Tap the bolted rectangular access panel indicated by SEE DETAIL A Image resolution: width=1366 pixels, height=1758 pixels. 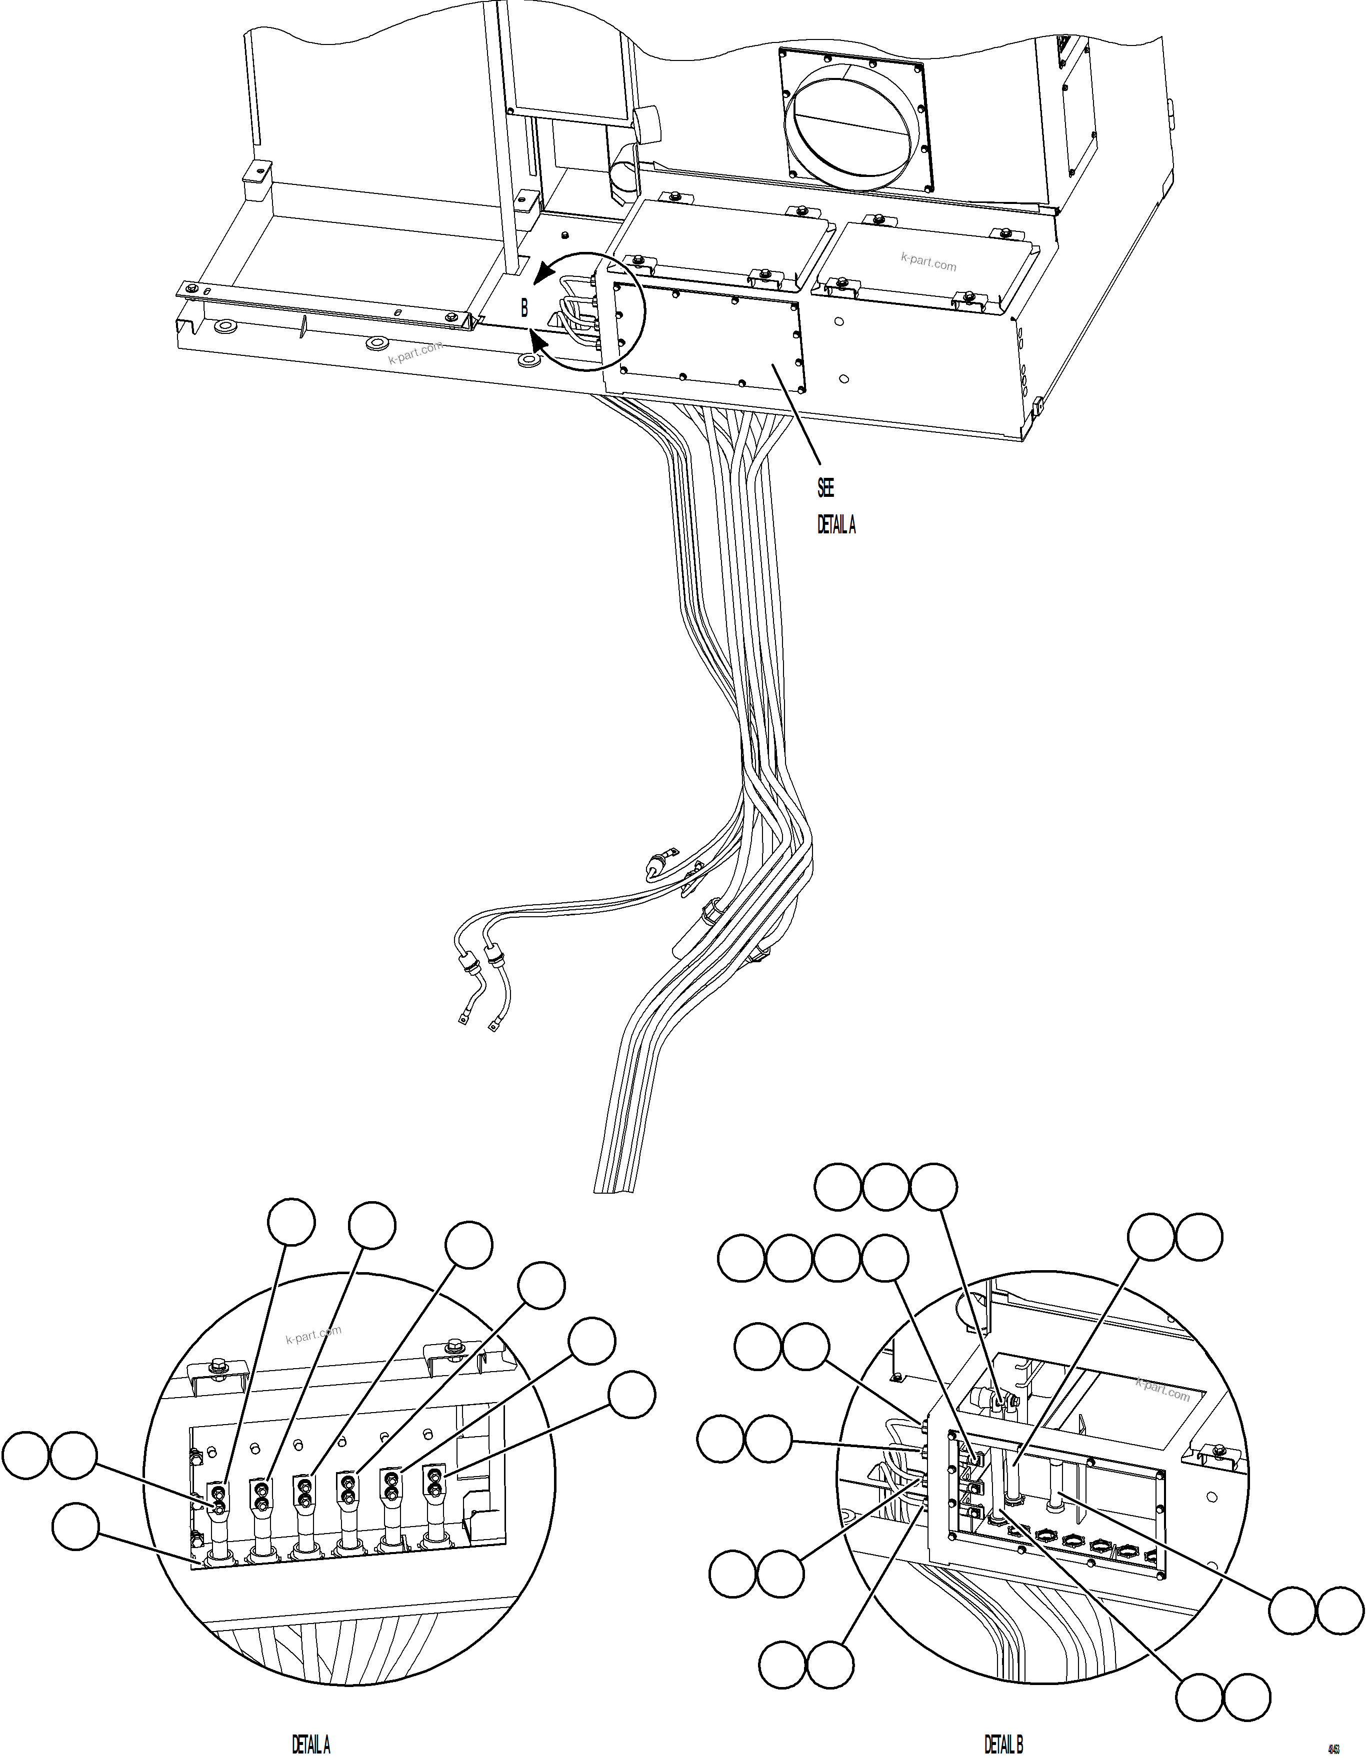click(708, 338)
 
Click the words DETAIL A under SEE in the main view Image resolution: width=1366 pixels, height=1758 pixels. click(836, 526)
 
